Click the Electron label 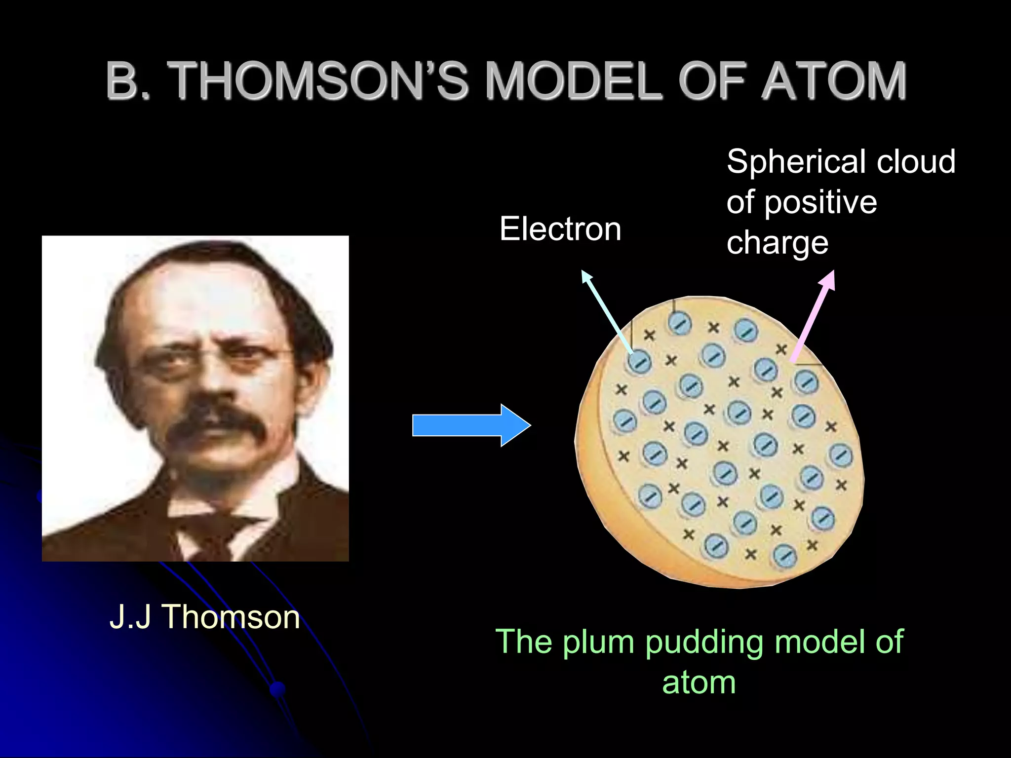click(x=560, y=229)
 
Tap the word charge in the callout click(x=777, y=243)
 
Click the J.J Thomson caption click(x=204, y=616)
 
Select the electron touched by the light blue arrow click(x=640, y=362)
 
